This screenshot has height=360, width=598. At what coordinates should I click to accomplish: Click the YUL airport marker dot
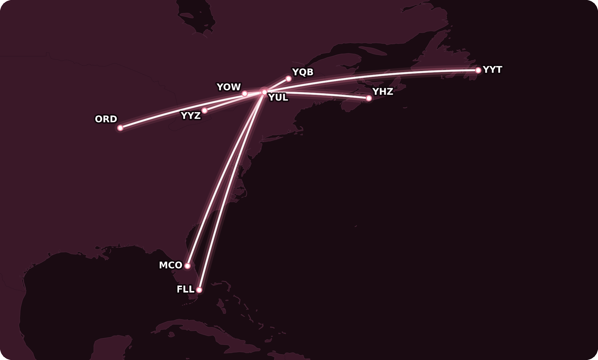[x=264, y=92]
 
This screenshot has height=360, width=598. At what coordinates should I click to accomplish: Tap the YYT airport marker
[x=478, y=70]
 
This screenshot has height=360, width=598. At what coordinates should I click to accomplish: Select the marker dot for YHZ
[x=369, y=98]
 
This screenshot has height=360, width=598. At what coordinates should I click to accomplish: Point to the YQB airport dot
[x=288, y=79]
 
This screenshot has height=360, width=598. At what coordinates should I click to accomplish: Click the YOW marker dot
[x=245, y=94]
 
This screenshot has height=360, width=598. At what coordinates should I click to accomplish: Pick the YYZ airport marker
[x=204, y=110]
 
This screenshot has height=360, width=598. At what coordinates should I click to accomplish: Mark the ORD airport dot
[x=120, y=128]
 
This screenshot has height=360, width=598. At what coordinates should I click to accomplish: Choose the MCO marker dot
[x=187, y=266]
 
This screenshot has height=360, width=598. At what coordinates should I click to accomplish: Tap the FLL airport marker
[x=199, y=290]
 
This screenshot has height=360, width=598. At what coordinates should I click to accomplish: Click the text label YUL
[x=278, y=97]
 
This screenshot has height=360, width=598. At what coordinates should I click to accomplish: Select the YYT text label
[x=492, y=70]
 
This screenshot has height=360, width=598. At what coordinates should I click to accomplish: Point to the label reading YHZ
[x=382, y=91]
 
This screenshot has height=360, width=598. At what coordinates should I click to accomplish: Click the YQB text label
[x=303, y=72]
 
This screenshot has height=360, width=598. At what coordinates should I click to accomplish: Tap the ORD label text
[x=106, y=119]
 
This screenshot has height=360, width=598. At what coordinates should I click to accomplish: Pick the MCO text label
[x=171, y=265]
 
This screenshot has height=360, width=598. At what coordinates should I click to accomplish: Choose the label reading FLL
[x=186, y=289]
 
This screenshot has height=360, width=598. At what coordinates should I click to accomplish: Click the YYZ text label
[x=191, y=115]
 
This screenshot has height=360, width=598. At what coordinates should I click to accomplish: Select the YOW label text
[x=229, y=87]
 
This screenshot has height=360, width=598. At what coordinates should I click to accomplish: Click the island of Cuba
[x=204, y=333]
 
